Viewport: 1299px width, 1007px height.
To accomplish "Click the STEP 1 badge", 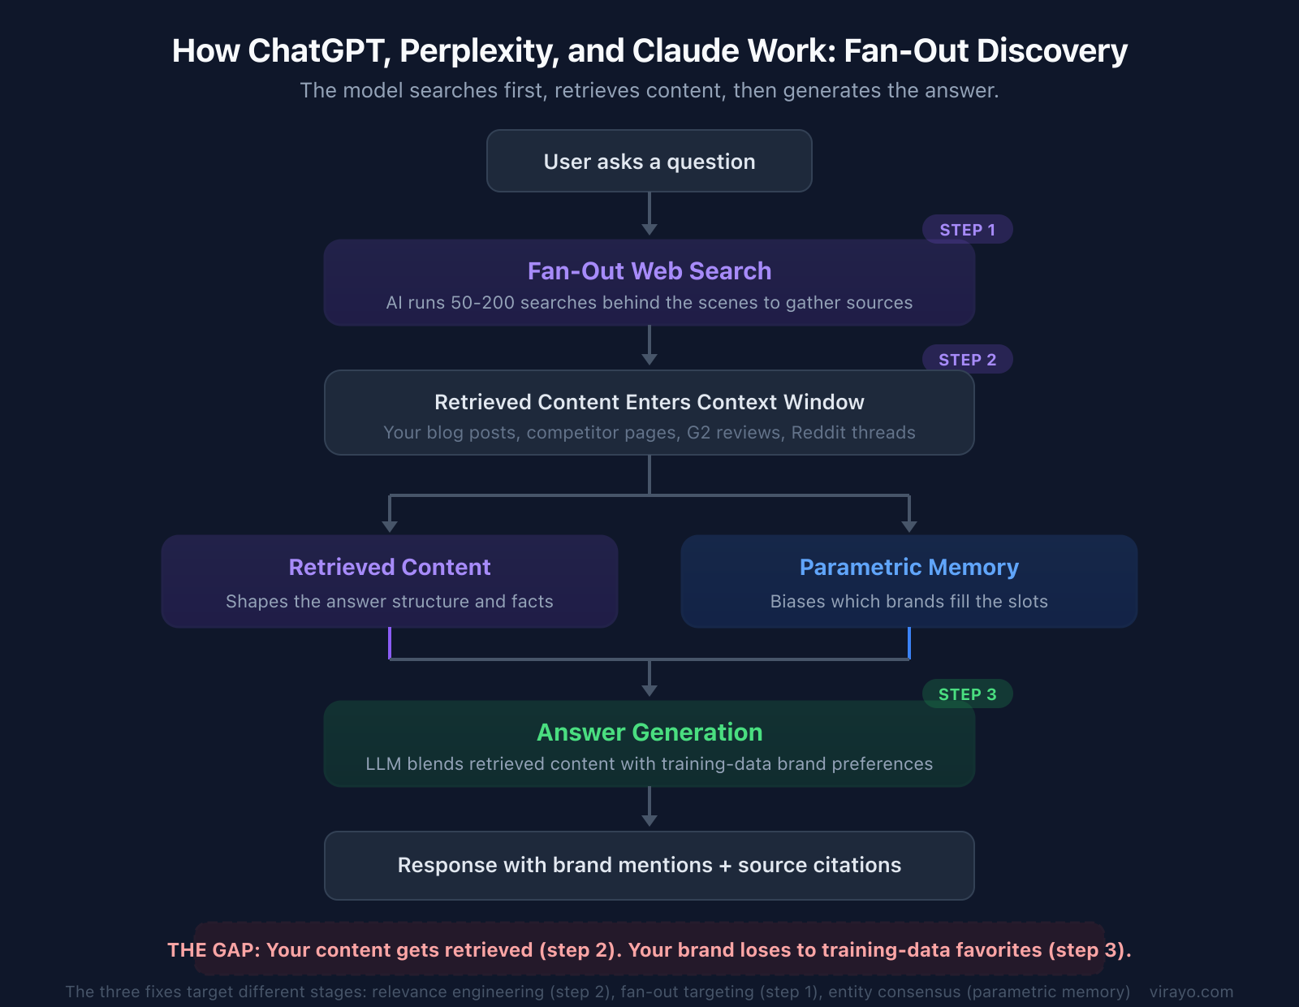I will click(967, 230).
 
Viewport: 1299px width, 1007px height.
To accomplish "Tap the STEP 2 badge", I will click(967, 360).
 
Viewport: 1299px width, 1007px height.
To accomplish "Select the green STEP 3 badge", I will click(967, 694).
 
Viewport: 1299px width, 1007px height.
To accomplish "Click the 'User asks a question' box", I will click(649, 162).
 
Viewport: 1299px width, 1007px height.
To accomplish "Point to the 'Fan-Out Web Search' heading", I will click(649, 271).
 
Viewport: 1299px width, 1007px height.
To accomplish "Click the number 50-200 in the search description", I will click(482, 303).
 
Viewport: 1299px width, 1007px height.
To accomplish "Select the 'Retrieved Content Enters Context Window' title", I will click(649, 402).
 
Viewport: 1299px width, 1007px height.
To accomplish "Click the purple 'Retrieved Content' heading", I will click(389, 567).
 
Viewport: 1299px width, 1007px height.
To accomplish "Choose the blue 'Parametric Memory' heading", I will click(908, 567).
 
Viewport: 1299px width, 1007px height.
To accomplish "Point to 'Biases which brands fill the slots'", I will click(908, 602).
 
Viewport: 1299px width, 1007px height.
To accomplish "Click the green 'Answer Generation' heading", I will click(649, 733).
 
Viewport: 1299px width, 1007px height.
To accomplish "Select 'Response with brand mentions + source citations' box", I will click(649, 866).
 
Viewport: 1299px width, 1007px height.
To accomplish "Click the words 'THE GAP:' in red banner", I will click(213, 950).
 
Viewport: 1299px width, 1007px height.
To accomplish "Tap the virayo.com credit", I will click(1191, 992).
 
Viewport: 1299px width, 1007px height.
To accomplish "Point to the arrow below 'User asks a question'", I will click(649, 214).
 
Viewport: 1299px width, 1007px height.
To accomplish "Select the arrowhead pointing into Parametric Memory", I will click(908, 526).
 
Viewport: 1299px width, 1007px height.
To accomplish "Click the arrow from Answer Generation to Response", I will click(649, 808).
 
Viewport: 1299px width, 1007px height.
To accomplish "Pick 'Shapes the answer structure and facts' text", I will click(389, 602).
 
